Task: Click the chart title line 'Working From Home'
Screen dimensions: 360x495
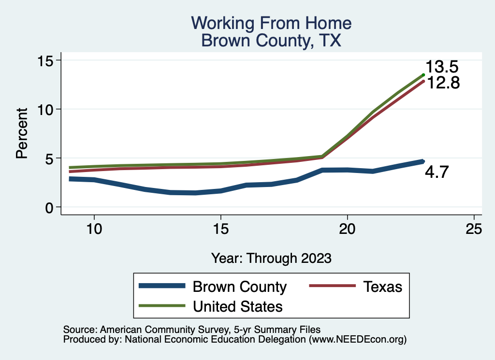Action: point(271,23)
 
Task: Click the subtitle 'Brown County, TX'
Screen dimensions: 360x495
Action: point(271,41)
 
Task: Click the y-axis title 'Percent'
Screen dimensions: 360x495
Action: point(21,133)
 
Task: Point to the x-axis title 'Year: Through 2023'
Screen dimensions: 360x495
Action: point(271,258)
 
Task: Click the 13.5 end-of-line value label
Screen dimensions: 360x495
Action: point(441,67)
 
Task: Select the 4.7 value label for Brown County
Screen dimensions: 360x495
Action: point(437,172)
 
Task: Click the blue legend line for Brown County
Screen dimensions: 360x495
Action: point(162,286)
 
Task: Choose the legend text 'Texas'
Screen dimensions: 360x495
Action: point(382,287)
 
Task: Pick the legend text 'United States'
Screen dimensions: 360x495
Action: point(238,306)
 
